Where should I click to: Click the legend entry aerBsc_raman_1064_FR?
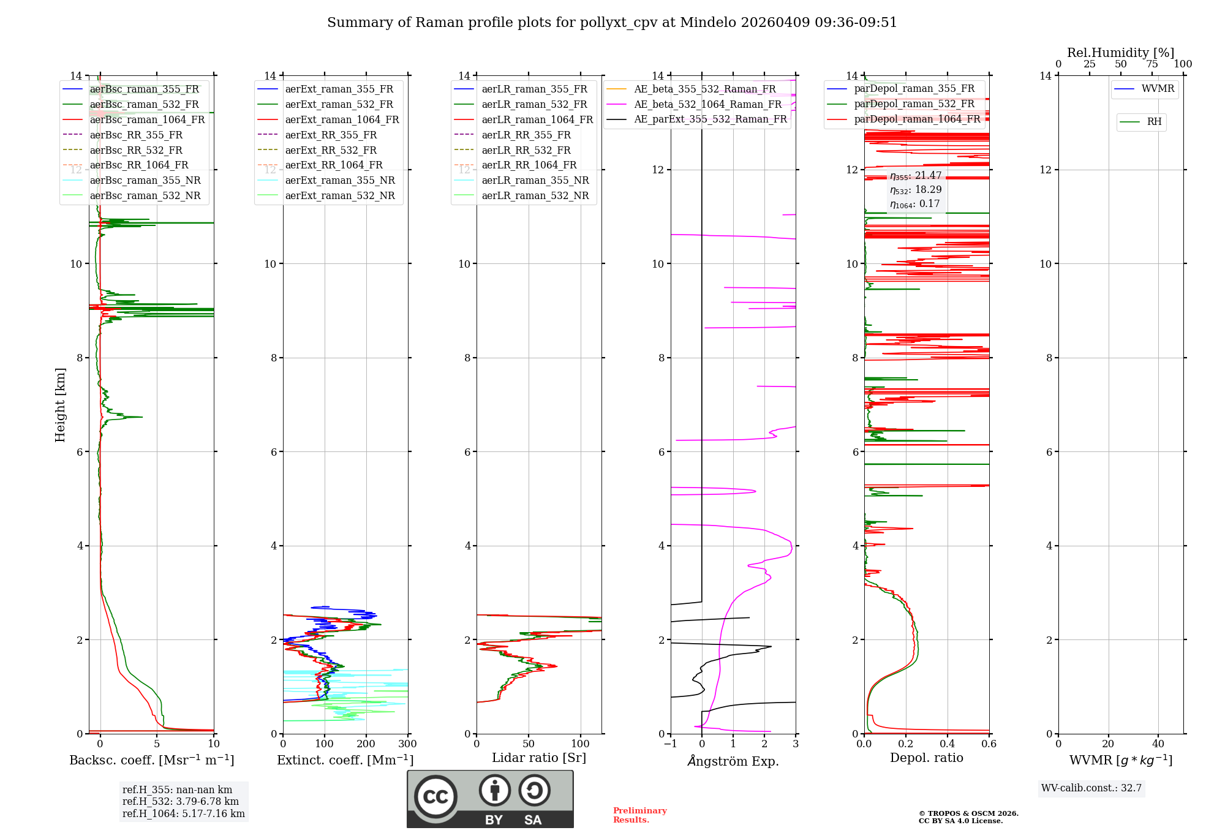pyautogui.click(x=147, y=120)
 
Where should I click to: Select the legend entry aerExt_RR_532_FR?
pyautogui.click(x=331, y=150)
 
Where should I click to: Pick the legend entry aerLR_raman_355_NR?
pyautogui.click(x=535, y=181)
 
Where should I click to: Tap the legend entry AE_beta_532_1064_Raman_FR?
pyautogui.click(x=707, y=105)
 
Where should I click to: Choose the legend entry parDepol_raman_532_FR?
pyautogui.click(x=914, y=104)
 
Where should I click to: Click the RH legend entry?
pyautogui.click(x=1154, y=122)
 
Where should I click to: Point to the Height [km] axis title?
pyautogui.click(x=60, y=405)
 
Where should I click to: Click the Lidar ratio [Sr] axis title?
pyautogui.click(x=539, y=758)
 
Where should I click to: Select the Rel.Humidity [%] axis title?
pyautogui.click(x=1120, y=53)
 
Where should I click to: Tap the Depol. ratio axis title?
pyautogui.click(x=926, y=758)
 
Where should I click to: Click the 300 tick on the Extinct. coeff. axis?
pyautogui.click(x=408, y=744)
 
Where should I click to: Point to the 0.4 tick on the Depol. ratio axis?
pyautogui.click(x=948, y=744)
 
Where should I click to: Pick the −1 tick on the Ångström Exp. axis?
pyautogui.click(x=671, y=744)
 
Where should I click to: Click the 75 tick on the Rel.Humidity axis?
pyautogui.click(x=1151, y=64)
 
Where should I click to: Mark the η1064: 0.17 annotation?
pyautogui.click(x=914, y=204)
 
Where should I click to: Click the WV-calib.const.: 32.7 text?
pyautogui.click(x=1091, y=788)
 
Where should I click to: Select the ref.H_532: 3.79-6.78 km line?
pyautogui.click(x=181, y=802)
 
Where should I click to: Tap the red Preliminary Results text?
pyautogui.click(x=639, y=815)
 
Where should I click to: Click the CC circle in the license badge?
pyautogui.click(x=435, y=797)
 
